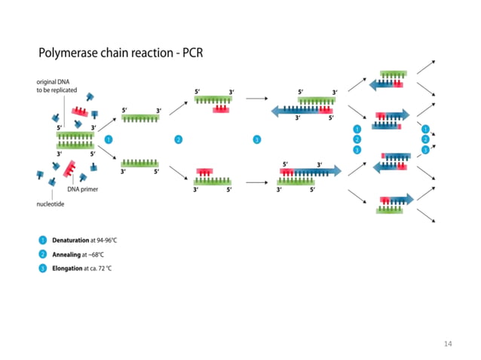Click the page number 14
[448, 343]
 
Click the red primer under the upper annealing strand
[222, 110]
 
